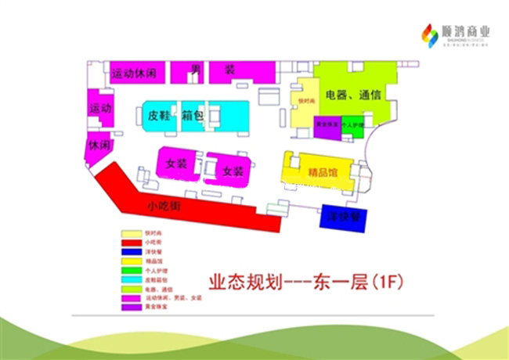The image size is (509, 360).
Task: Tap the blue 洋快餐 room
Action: coord(343,216)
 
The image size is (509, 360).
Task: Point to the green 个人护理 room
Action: coord(352,125)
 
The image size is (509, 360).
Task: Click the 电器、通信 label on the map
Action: coord(353,95)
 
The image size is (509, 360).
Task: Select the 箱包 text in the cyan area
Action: coord(193,115)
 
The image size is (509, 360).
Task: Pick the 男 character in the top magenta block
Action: coord(195,70)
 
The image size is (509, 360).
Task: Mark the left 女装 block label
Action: coord(176,164)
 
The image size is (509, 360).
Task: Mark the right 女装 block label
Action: coord(233,171)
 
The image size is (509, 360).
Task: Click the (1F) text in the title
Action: coord(389,279)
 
